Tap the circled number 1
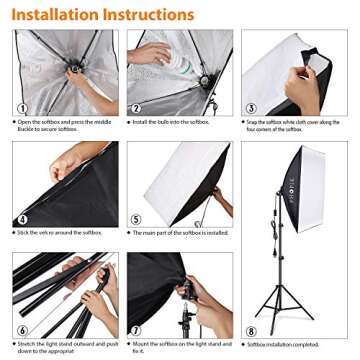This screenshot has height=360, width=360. point(22,107)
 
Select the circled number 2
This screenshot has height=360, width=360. point(135,107)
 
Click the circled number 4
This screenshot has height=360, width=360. point(22,219)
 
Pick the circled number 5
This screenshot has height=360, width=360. point(135,219)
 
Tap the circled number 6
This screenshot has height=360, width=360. point(22,329)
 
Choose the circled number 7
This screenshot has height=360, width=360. point(135,329)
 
